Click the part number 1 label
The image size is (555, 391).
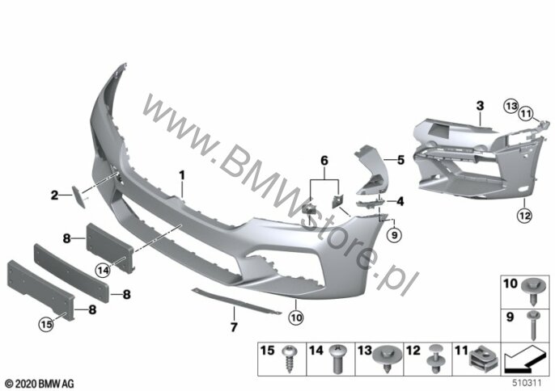(182, 174)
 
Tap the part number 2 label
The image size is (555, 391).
(54, 195)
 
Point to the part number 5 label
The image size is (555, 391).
(398, 161)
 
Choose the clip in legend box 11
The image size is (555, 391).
(481, 355)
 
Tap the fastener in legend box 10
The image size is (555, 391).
(534, 286)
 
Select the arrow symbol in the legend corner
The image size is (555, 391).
(524, 356)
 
